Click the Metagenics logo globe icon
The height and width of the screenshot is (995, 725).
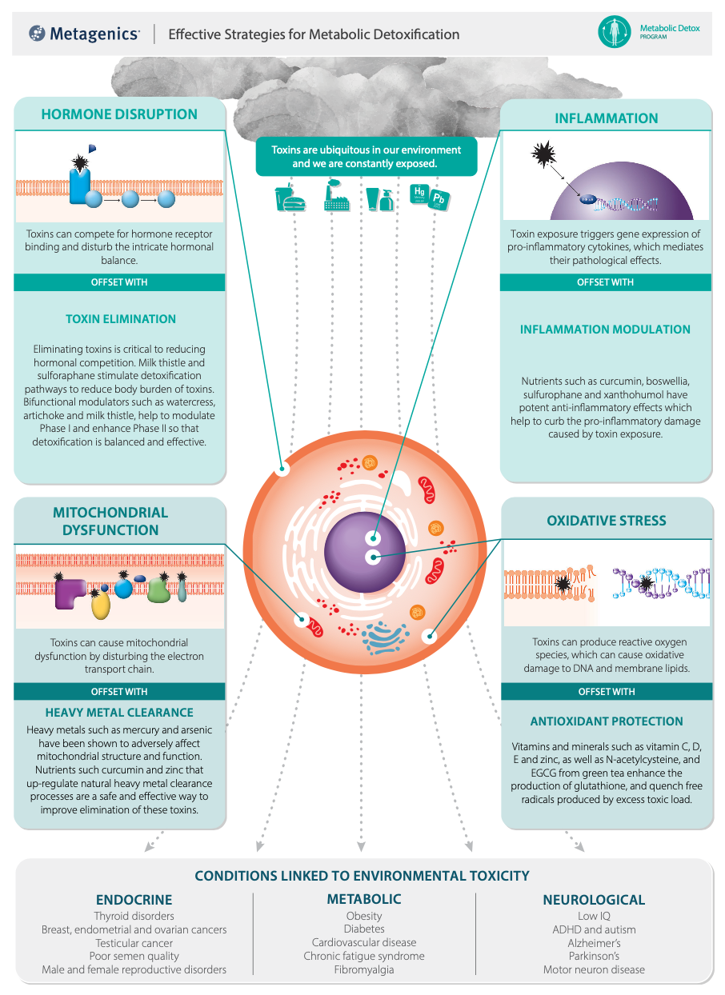[37, 34]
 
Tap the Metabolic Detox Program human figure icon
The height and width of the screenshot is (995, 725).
[615, 32]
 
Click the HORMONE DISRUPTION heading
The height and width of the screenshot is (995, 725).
[119, 114]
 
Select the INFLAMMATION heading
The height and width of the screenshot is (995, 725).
[607, 118]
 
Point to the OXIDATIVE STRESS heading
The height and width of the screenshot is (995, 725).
[607, 521]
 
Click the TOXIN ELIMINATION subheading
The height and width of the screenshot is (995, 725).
[121, 319]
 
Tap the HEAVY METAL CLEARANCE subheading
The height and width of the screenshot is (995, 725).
[119, 712]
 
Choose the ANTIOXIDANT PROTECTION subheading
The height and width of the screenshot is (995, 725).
[607, 721]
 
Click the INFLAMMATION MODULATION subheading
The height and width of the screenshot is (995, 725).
[605, 330]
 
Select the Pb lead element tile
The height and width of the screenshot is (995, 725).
[439, 199]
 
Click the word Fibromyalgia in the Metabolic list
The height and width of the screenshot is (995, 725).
[364, 970]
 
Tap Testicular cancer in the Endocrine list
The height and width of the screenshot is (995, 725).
[134, 943]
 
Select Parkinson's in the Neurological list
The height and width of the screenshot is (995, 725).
[594, 957]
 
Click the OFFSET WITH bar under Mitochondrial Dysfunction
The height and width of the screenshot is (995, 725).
[119, 691]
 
